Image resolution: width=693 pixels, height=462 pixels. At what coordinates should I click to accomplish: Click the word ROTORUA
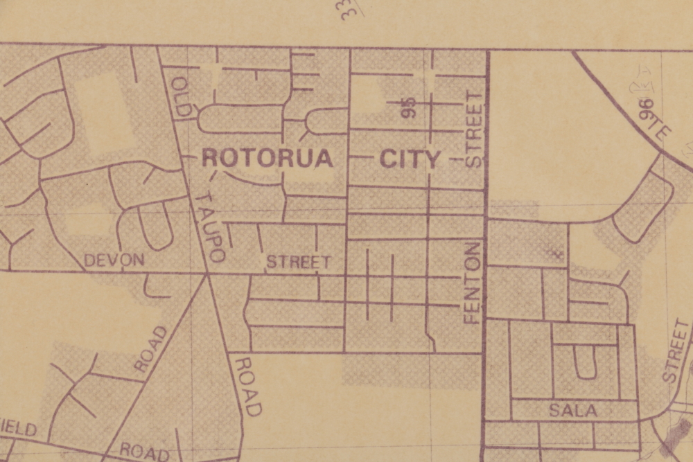click(x=267, y=159)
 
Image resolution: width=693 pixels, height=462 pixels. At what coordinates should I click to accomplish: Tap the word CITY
click(x=410, y=159)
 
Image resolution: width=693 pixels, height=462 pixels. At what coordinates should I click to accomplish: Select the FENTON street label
click(x=473, y=283)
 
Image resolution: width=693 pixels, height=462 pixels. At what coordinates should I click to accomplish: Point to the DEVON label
click(x=114, y=260)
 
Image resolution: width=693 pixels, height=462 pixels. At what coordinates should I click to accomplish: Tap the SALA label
click(x=573, y=410)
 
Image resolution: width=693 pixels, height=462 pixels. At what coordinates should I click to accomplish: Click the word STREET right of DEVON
click(x=299, y=263)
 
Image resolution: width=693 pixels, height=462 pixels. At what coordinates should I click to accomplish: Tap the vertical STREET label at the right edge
click(x=677, y=351)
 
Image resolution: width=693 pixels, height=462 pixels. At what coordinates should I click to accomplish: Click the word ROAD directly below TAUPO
click(x=247, y=385)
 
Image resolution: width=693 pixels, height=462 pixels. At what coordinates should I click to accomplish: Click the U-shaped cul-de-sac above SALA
click(x=586, y=362)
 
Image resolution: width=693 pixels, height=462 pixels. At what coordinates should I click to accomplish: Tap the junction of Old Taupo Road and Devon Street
click(x=207, y=274)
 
